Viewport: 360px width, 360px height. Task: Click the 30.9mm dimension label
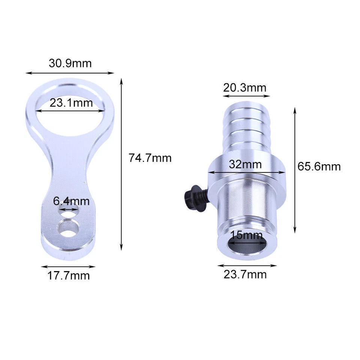coord(70,63)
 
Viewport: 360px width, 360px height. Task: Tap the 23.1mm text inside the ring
coord(71,103)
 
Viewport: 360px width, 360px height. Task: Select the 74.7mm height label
coord(150,158)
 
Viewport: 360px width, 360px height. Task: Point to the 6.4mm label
coord(71,201)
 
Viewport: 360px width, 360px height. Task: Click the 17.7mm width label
coord(69,276)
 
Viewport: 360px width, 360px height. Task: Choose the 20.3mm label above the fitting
coord(244,88)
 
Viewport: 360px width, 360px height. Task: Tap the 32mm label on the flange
coord(246,164)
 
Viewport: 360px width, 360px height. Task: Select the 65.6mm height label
coord(319,166)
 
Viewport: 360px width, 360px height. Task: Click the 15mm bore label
coord(246,235)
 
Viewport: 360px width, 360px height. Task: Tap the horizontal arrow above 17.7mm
coord(68,267)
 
